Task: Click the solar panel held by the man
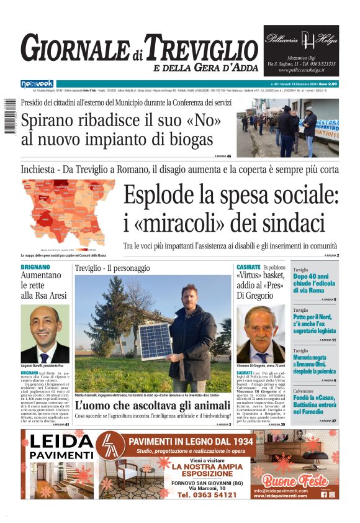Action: click(x=156, y=340)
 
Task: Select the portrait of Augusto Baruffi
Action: click(x=45, y=334)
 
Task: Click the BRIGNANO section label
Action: click(x=35, y=267)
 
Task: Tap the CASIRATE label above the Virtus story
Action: click(x=248, y=267)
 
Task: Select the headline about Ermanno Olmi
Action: click(x=315, y=366)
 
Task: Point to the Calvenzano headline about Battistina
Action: click(x=315, y=407)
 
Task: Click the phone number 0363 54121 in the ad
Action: click(x=207, y=494)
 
